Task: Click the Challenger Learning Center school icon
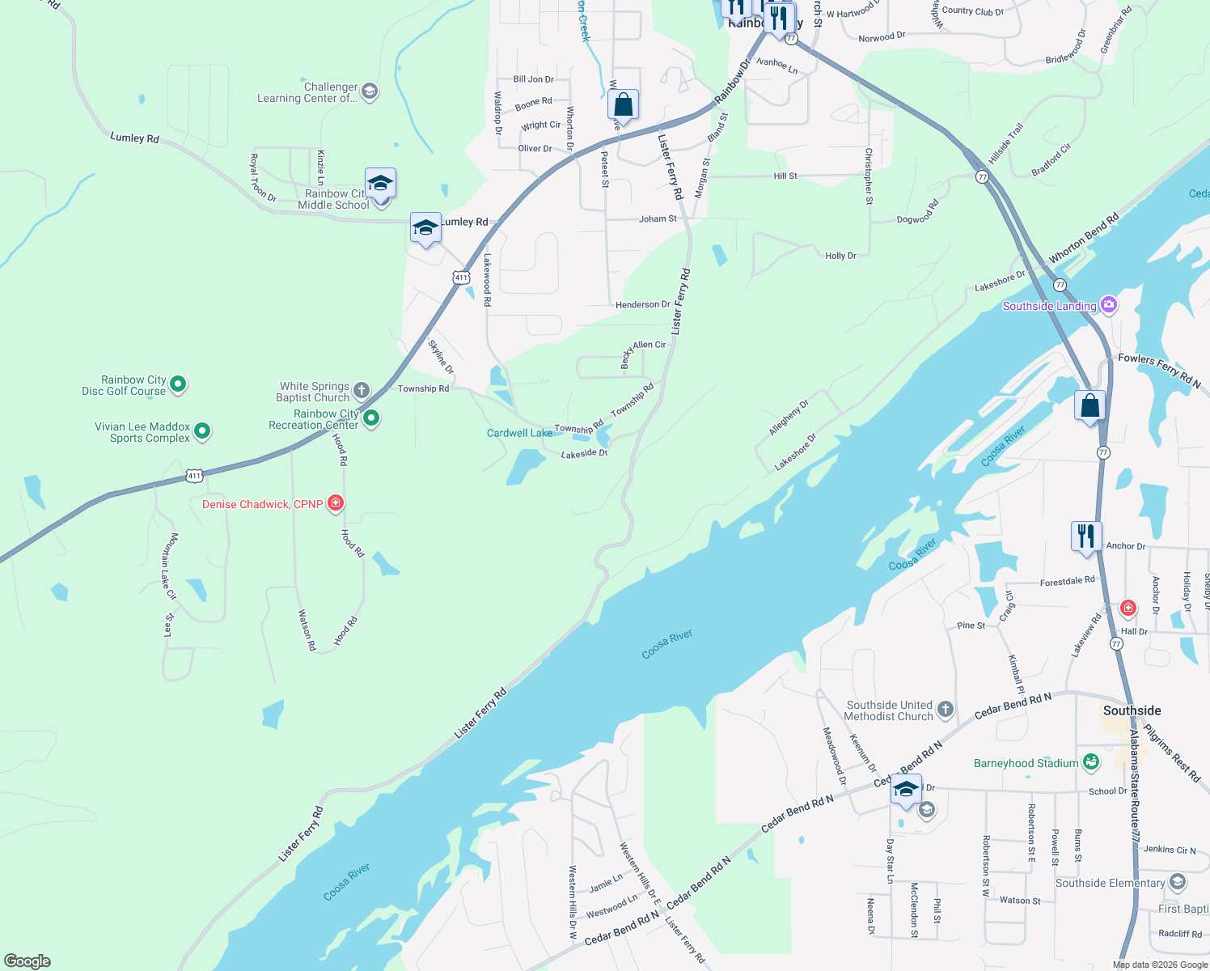coord(370,91)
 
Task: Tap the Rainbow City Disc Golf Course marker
coord(178,384)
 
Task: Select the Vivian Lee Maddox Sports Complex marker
coord(202,431)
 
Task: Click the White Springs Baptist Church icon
coord(362,391)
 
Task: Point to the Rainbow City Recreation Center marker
coord(371,418)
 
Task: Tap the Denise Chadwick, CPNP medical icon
coord(335,503)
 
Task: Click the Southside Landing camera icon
coord(1109,305)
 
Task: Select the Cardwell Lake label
coord(519,433)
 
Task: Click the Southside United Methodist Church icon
coord(945,710)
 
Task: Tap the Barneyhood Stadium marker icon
coord(1091,762)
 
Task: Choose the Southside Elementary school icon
coord(1178,882)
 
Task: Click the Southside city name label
coord(1132,710)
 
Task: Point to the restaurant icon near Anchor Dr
coord(1086,536)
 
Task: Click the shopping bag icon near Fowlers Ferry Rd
coord(1089,405)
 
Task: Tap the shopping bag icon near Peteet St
coord(623,104)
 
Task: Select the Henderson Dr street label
coord(643,304)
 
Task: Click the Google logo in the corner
coord(27,960)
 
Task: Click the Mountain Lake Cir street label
coord(168,566)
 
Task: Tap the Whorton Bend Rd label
coord(1084,238)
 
